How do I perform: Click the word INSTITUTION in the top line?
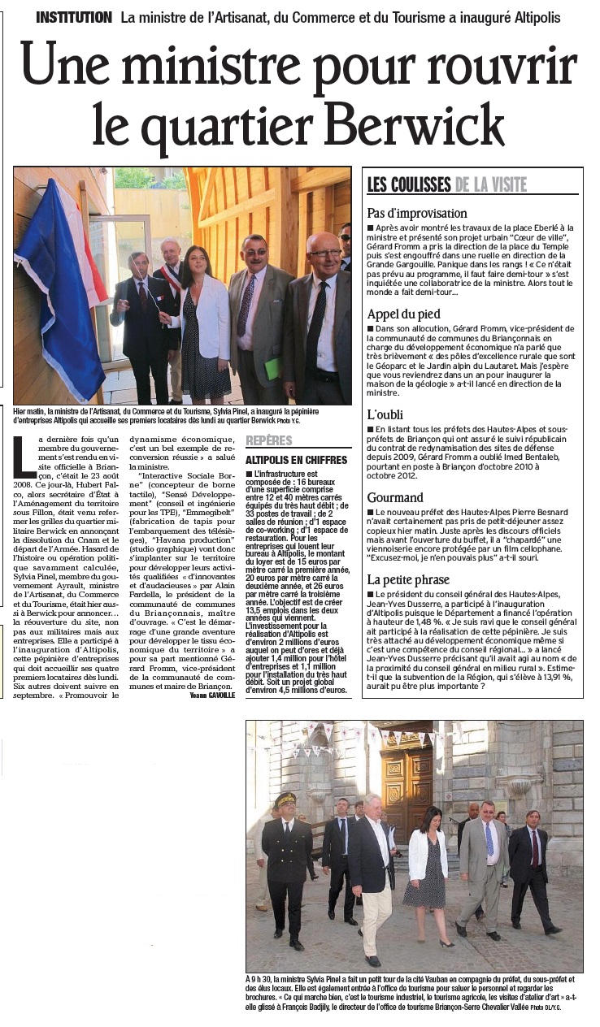[74, 17]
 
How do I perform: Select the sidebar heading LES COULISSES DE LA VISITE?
[446, 184]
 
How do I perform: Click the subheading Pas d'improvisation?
[417, 214]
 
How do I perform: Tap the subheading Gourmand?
[395, 497]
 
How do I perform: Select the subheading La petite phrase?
[407, 579]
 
